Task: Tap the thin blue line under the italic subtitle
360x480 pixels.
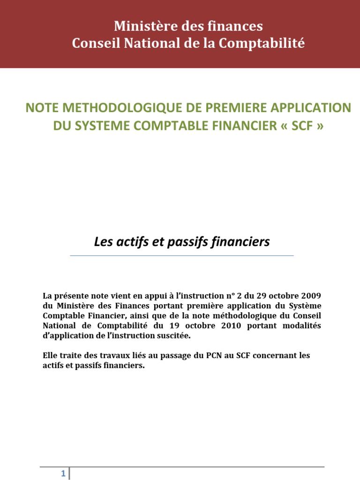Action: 182,255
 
